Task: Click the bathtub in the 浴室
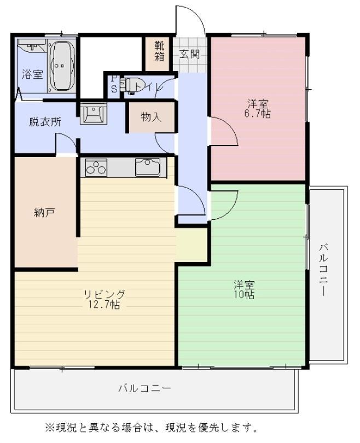pyautogui.click(x=62, y=66)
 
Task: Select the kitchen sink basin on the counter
pyautogui.click(x=148, y=167)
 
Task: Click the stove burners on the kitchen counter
pyautogui.click(x=96, y=167)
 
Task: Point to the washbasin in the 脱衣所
pyautogui.click(x=93, y=113)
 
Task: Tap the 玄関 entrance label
pyautogui.click(x=190, y=54)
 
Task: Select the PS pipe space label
pyautogui.click(x=114, y=84)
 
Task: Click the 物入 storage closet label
pyautogui.click(x=151, y=116)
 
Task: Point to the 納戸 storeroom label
pyautogui.click(x=44, y=212)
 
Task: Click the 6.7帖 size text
pyautogui.click(x=258, y=114)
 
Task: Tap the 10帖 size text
pyautogui.click(x=244, y=294)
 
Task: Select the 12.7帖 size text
pyautogui.click(x=104, y=305)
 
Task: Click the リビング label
pyautogui.click(x=104, y=294)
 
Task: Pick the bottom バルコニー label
pyautogui.click(x=144, y=388)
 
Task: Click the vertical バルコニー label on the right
pyautogui.click(x=323, y=270)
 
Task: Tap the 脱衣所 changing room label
pyautogui.click(x=45, y=122)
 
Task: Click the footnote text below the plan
pyautogui.click(x=152, y=427)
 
